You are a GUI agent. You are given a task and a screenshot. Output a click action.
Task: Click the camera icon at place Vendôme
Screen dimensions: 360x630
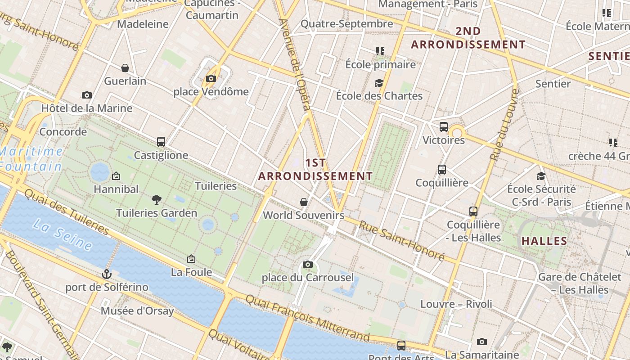point(211,79)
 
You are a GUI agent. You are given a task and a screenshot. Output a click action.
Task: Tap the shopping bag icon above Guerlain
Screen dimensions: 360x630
point(125,68)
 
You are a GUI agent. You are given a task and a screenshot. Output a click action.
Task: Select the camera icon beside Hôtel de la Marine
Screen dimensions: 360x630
point(87,95)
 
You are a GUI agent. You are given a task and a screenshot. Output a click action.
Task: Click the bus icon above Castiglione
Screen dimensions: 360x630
point(161,142)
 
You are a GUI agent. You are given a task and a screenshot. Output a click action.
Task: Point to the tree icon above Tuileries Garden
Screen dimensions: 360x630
point(157,199)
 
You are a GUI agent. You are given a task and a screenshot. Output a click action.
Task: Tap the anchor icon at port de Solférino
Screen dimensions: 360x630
point(106,274)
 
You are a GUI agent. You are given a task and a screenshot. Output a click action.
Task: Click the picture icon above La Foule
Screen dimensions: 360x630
point(191,259)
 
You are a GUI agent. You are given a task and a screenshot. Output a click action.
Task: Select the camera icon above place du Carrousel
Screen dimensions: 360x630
point(308,264)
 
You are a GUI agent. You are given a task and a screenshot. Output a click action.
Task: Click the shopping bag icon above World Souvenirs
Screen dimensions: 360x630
point(304,202)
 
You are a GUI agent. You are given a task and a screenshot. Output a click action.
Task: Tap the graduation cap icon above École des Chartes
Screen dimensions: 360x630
point(379,83)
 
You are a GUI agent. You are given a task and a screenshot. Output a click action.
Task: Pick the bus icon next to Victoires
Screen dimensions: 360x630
point(444,127)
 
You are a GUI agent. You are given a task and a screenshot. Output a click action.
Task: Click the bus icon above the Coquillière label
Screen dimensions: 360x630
point(442,170)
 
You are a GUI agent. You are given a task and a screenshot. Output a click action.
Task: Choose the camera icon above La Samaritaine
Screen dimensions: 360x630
point(482,342)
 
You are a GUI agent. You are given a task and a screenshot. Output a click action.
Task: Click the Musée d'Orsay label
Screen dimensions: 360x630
point(137,310)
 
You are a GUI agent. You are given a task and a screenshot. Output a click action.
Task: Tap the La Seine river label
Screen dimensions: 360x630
point(63,235)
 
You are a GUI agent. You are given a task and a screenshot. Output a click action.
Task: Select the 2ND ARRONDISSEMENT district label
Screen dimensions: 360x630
point(468,38)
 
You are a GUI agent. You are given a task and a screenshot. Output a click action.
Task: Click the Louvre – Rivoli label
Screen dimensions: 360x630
point(456,304)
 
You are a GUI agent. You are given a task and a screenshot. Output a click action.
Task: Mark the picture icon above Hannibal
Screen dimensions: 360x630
point(116,176)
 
